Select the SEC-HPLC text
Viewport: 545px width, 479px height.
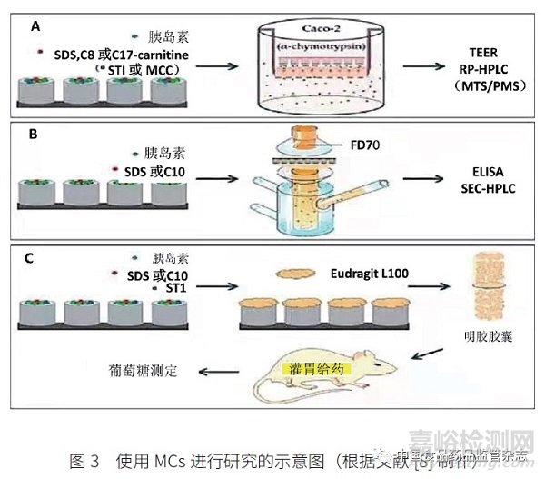click(479, 185)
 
